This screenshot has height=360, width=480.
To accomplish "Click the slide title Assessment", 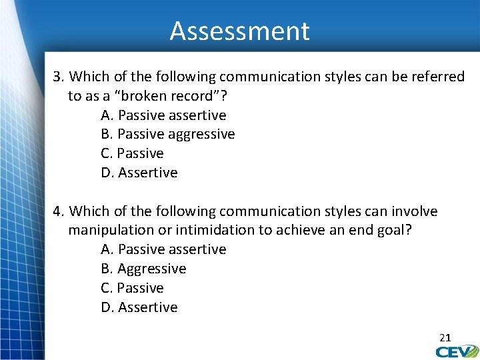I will click(239, 31).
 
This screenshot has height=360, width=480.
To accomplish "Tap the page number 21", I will click(445, 338).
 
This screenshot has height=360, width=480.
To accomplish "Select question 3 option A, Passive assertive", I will click(163, 115).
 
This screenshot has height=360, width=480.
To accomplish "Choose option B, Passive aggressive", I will click(167, 134).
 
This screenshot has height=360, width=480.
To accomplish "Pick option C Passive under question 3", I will click(132, 153).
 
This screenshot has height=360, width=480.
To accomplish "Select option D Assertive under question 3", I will click(139, 173).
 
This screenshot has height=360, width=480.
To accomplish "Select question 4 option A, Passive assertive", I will click(163, 249).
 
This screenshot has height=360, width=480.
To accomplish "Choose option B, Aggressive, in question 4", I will click(143, 269).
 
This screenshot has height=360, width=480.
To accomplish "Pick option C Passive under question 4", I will click(132, 288).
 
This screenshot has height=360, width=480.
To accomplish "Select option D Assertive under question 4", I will click(139, 307).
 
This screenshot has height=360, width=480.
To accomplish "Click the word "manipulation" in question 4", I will click(109, 230).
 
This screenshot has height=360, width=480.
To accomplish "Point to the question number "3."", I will click(59, 77).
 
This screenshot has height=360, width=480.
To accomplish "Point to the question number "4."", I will click(59, 211).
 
